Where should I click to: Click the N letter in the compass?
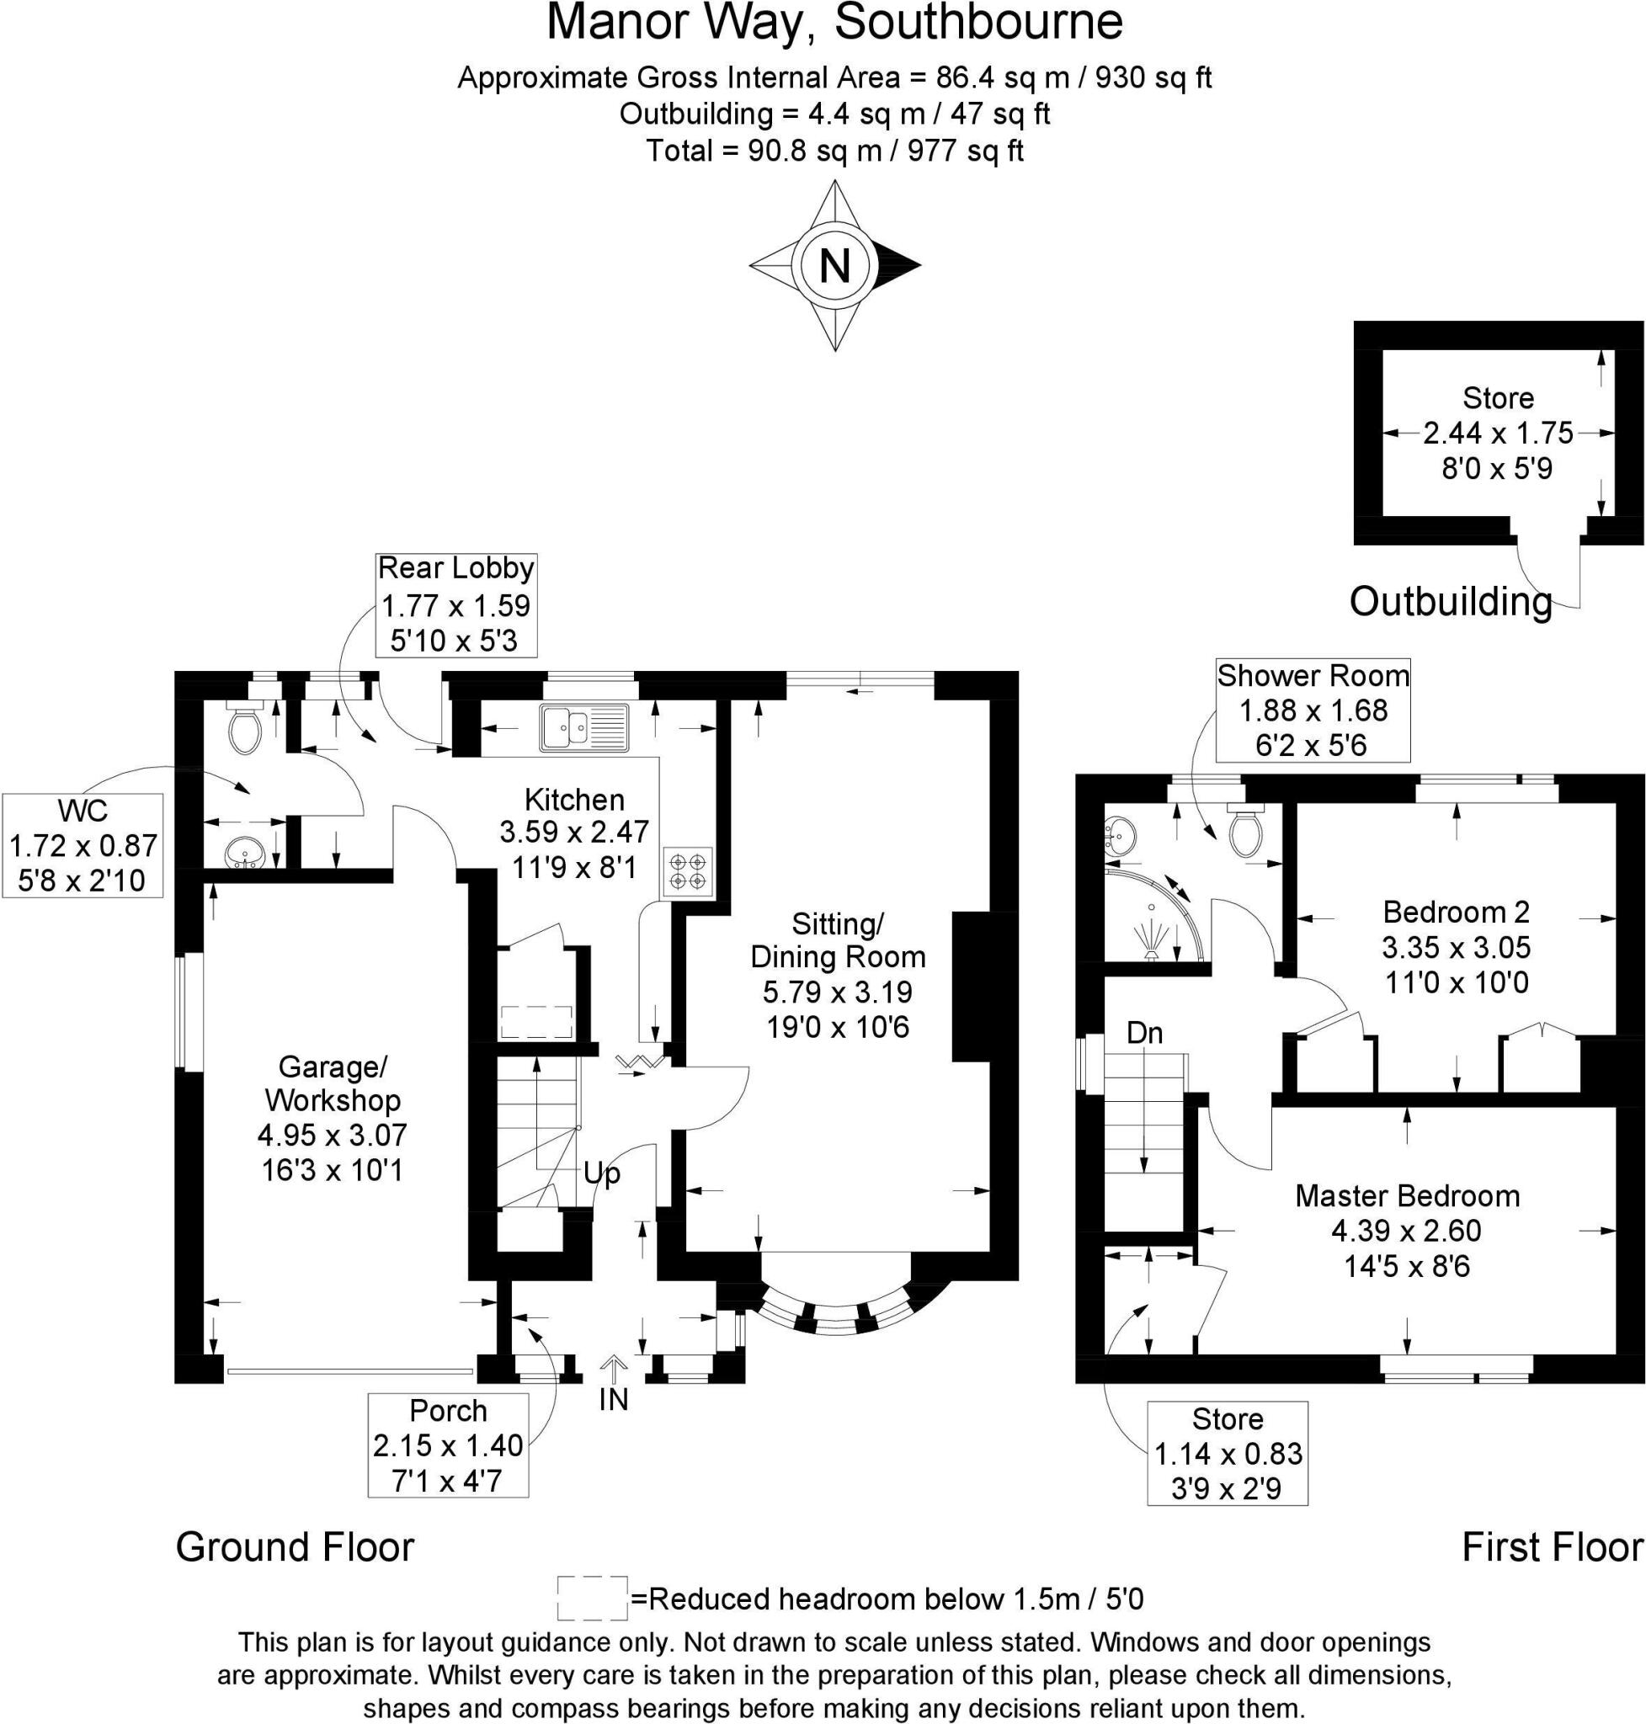pyautogui.click(x=834, y=265)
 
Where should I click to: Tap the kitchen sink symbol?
pyautogui.click(x=584, y=727)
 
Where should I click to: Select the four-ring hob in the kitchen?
pyautogui.click(x=687, y=870)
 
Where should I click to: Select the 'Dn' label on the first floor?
pyautogui.click(x=1144, y=1034)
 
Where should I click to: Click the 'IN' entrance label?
pyautogui.click(x=613, y=1399)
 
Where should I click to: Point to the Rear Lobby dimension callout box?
pyautogui.click(x=455, y=604)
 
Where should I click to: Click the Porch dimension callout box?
pyautogui.click(x=447, y=1445)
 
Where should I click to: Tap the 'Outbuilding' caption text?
pyautogui.click(x=1451, y=602)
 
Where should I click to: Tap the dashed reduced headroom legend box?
pyautogui.click(x=592, y=1599)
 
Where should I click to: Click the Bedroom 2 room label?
pyautogui.click(x=1456, y=913)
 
